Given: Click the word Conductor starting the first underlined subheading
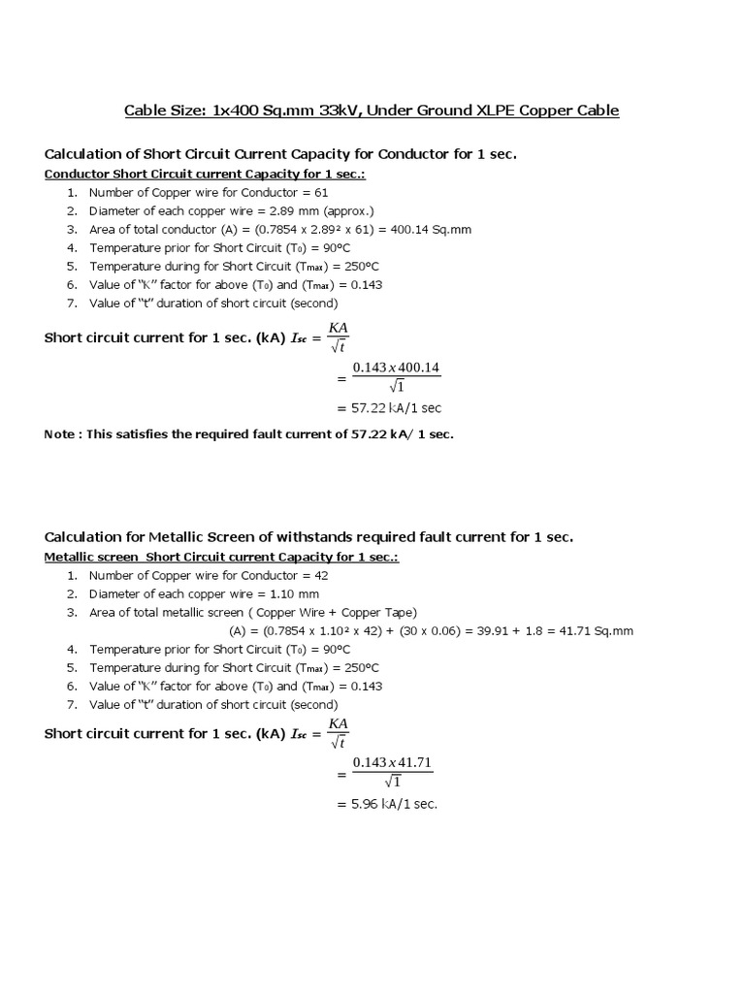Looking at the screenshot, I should [78, 175].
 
